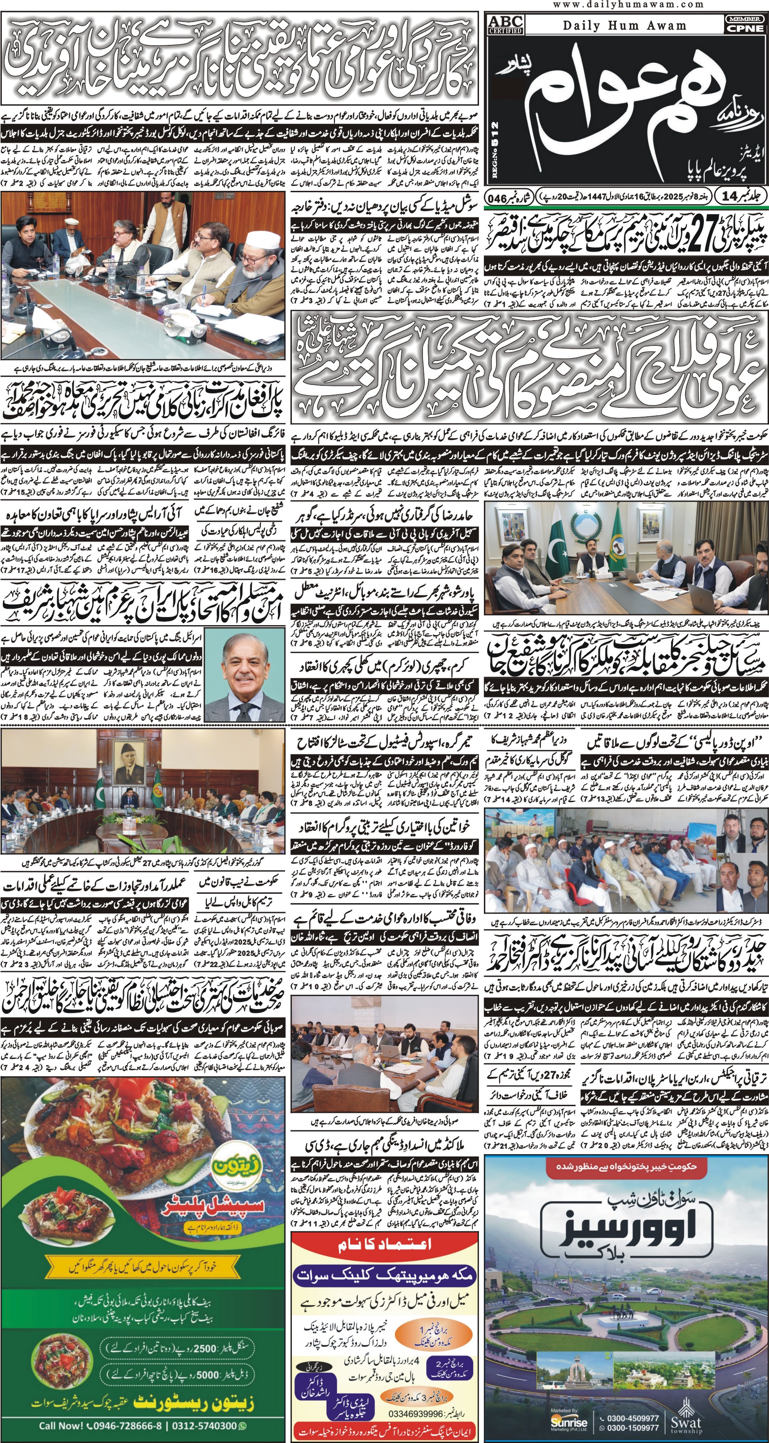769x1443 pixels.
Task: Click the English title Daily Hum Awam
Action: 624,26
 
